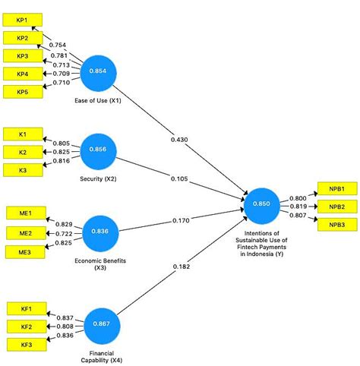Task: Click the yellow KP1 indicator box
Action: click(x=23, y=20)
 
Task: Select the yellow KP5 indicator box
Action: click(x=23, y=92)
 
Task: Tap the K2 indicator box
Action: click(x=23, y=152)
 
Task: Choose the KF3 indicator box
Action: click(x=26, y=345)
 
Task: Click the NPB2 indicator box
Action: click(x=336, y=207)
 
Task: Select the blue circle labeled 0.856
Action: click(x=102, y=150)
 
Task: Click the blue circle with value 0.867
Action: click(x=103, y=324)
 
